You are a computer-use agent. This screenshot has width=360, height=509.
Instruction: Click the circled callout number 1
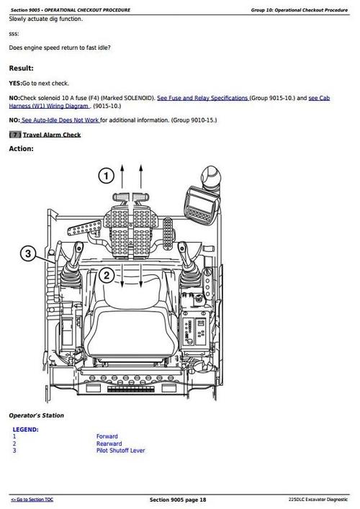(105, 176)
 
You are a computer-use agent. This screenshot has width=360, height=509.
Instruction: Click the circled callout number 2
(105, 275)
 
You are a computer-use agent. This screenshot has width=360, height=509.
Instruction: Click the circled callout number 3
(27, 253)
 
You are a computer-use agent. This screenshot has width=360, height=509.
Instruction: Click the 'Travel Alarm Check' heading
(52, 135)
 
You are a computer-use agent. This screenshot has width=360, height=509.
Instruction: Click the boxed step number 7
(14, 135)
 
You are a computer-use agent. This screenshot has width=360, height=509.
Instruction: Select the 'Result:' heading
(21, 68)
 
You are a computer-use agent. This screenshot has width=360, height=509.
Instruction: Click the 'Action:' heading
(21, 149)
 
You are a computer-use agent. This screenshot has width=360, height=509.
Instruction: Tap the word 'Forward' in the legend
(107, 436)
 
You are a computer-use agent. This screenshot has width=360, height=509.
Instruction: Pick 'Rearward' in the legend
(109, 443)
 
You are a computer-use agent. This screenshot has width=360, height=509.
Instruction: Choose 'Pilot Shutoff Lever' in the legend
(120, 451)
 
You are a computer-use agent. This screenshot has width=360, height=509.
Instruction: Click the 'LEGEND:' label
(26, 429)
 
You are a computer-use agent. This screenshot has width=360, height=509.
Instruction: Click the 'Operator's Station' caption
(36, 415)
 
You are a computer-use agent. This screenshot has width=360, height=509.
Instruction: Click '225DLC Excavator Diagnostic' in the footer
(317, 500)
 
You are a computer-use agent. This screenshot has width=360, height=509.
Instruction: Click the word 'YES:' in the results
(14, 84)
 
